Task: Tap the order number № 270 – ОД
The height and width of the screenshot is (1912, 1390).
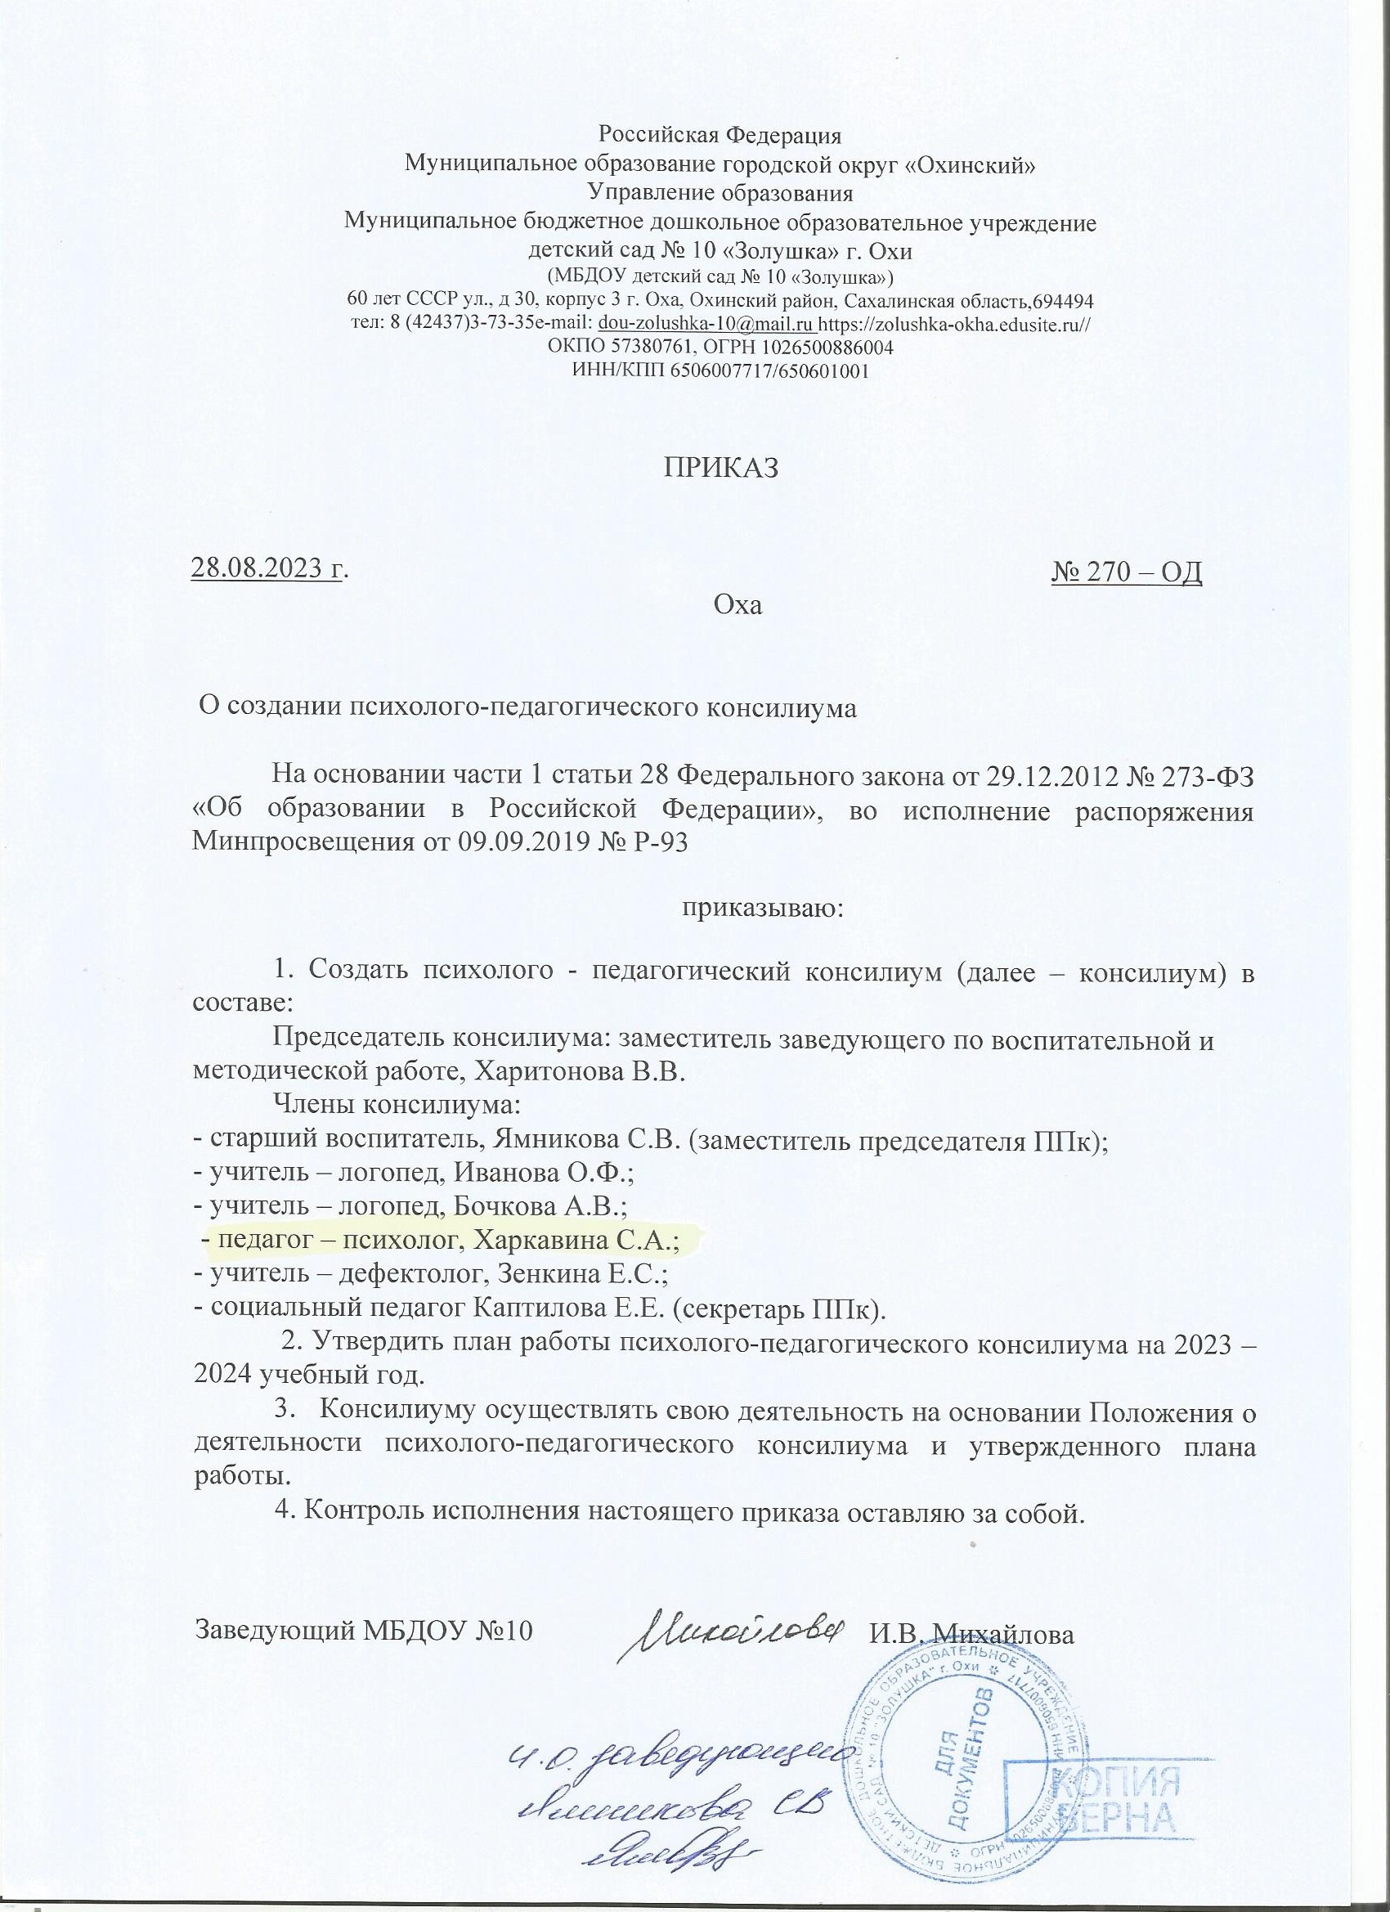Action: point(1126,572)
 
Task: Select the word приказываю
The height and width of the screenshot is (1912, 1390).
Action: point(762,909)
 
